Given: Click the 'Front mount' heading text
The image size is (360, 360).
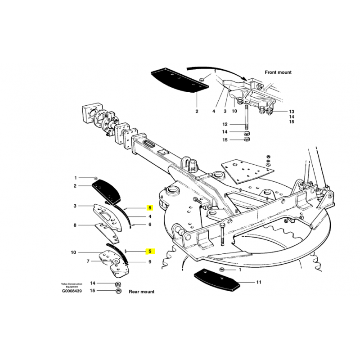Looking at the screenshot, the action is [278, 72].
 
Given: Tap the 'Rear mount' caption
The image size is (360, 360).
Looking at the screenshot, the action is [141, 292].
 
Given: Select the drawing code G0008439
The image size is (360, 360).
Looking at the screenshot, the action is [72, 291].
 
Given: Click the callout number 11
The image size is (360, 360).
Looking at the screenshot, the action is [259, 282].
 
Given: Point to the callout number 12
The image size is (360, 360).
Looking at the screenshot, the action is [225, 125].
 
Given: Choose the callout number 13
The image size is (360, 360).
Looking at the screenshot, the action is [291, 112].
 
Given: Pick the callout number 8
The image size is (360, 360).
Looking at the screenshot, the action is [75, 225].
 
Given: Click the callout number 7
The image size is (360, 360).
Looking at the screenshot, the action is [88, 261].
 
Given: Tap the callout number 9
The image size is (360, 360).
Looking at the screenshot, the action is [150, 262].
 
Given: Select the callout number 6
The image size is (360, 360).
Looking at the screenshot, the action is [150, 224].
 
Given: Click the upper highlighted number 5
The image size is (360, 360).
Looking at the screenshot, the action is [150, 208].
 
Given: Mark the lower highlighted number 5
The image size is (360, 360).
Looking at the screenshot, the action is [150, 251].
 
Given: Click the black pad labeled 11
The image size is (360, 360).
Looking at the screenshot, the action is [217, 280].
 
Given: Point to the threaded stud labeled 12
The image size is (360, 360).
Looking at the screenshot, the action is [246, 118].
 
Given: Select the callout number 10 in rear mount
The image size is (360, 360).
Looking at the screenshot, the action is [73, 252].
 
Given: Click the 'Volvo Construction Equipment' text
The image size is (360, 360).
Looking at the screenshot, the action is [72, 285].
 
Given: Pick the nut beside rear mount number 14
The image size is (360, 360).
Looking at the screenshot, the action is [118, 285].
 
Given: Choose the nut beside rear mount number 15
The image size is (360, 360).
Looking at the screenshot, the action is [118, 292].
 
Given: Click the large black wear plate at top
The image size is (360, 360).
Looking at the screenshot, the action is [179, 81].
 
